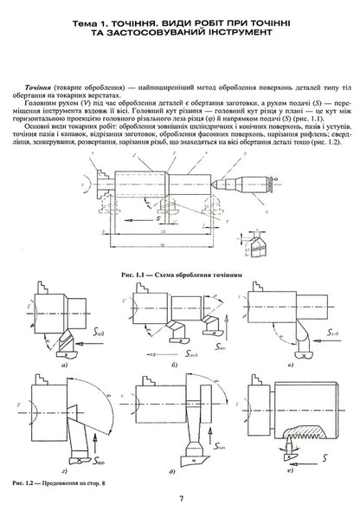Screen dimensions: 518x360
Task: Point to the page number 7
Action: coord(180,500)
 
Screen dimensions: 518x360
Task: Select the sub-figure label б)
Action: coord(176,366)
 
